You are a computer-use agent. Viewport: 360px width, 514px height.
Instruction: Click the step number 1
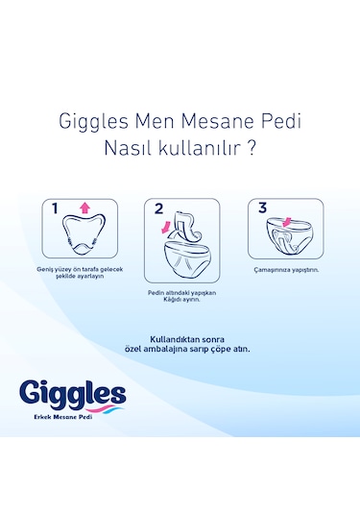[56, 208]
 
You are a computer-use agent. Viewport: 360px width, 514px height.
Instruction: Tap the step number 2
[158, 208]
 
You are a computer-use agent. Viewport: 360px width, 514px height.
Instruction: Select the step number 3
[260, 208]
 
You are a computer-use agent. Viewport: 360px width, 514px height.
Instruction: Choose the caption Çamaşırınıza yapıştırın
[284, 271]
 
